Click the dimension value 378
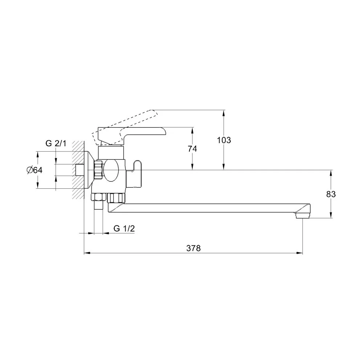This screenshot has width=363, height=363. point(193,248)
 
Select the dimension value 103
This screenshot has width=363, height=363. point(224,140)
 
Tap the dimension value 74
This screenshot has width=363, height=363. point(192,148)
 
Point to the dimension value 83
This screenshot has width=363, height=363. point(331,194)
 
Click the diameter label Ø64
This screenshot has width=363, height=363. point(35,170)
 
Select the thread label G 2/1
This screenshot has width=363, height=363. point(56,143)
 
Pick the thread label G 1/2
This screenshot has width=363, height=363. point(124,228)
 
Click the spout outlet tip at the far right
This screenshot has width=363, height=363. point(303,216)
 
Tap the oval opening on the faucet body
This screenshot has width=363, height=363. point(111,171)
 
